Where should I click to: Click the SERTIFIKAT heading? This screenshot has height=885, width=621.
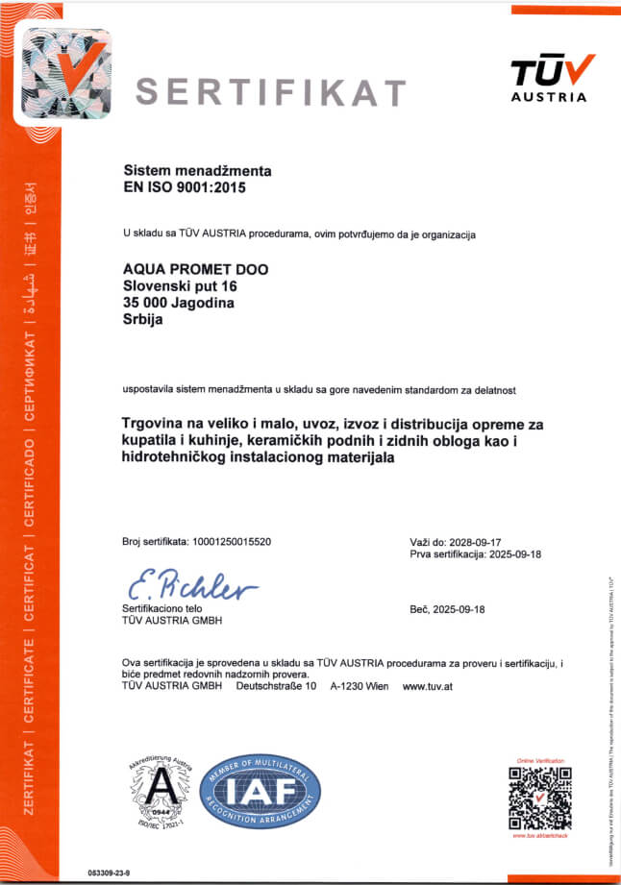(x=270, y=91)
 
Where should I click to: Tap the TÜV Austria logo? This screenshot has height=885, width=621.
(x=549, y=78)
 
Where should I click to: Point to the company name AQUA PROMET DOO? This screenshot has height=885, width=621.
(x=196, y=270)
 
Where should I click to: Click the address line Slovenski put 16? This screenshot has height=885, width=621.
(x=181, y=286)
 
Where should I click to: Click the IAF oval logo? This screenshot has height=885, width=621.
(x=260, y=792)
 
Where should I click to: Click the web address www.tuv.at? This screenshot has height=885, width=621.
(x=429, y=687)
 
